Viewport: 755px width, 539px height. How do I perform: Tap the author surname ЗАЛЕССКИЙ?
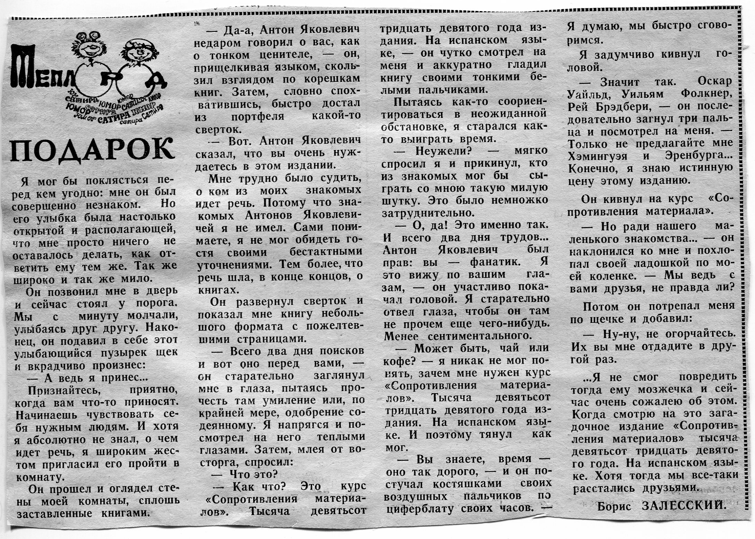point(683,506)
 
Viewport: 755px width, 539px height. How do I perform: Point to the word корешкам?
point(332,79)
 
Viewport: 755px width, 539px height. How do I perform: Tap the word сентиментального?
point(479,336)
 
